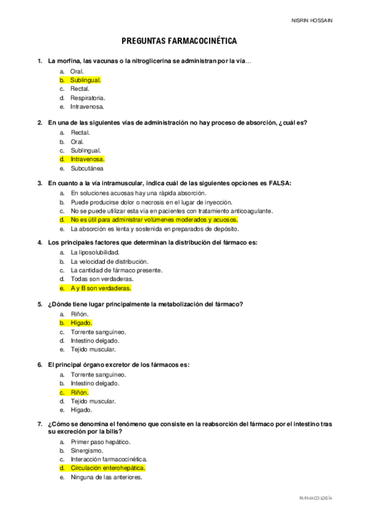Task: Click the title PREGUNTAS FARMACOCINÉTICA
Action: pyautogui.click(x=180, y=41)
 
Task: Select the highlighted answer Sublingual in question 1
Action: pyautogui.click(x=85, y=80)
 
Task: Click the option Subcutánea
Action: pyautogui.click(x=87, y=168)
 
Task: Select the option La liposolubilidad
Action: pyautogui.click(x=95, y=252)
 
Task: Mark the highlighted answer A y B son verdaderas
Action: pyautogui.click(x=100, y=288)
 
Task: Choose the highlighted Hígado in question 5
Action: pyautogui.click(x=81, y=323)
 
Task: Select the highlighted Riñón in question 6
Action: pyautogui.click(x=80, y=392)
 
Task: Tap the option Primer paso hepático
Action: pyautogui.click(x=100, y=441)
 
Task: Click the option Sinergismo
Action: pyautogui.click(x=86, y=450)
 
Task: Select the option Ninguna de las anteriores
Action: pyautogui.click(x=106, y=476)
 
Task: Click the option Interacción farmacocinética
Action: pyautogui.click(x=108, y=459)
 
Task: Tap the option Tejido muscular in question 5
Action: pyautogui.click(x=93, y=349)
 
